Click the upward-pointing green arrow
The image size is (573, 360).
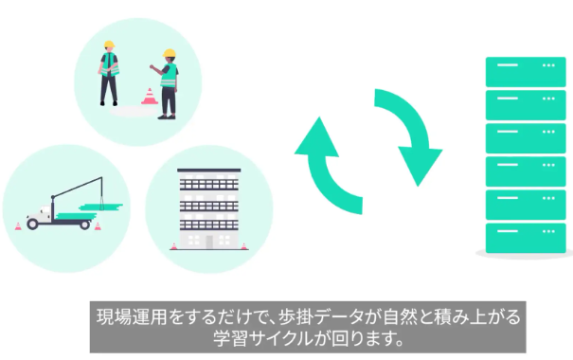(321, 171)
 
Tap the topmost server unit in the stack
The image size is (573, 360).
(526, 72)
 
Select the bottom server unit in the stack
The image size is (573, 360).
(526, 238)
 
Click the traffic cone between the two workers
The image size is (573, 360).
(150, 96)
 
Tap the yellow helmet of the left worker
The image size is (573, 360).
(109, 45)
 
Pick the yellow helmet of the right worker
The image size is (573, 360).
(170, 53)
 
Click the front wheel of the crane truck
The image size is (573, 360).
(32, 224)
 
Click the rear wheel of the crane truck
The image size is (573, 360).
(85, 225)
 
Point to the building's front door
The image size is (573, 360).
(209, 242)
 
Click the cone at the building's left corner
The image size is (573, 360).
(174, 246)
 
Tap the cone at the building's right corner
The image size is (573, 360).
(243, 246)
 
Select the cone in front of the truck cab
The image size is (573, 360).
(18, 226)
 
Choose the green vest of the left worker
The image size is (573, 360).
(110, 64)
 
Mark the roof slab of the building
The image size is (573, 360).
(209, 171)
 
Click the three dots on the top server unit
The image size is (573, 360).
(548, 65)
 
